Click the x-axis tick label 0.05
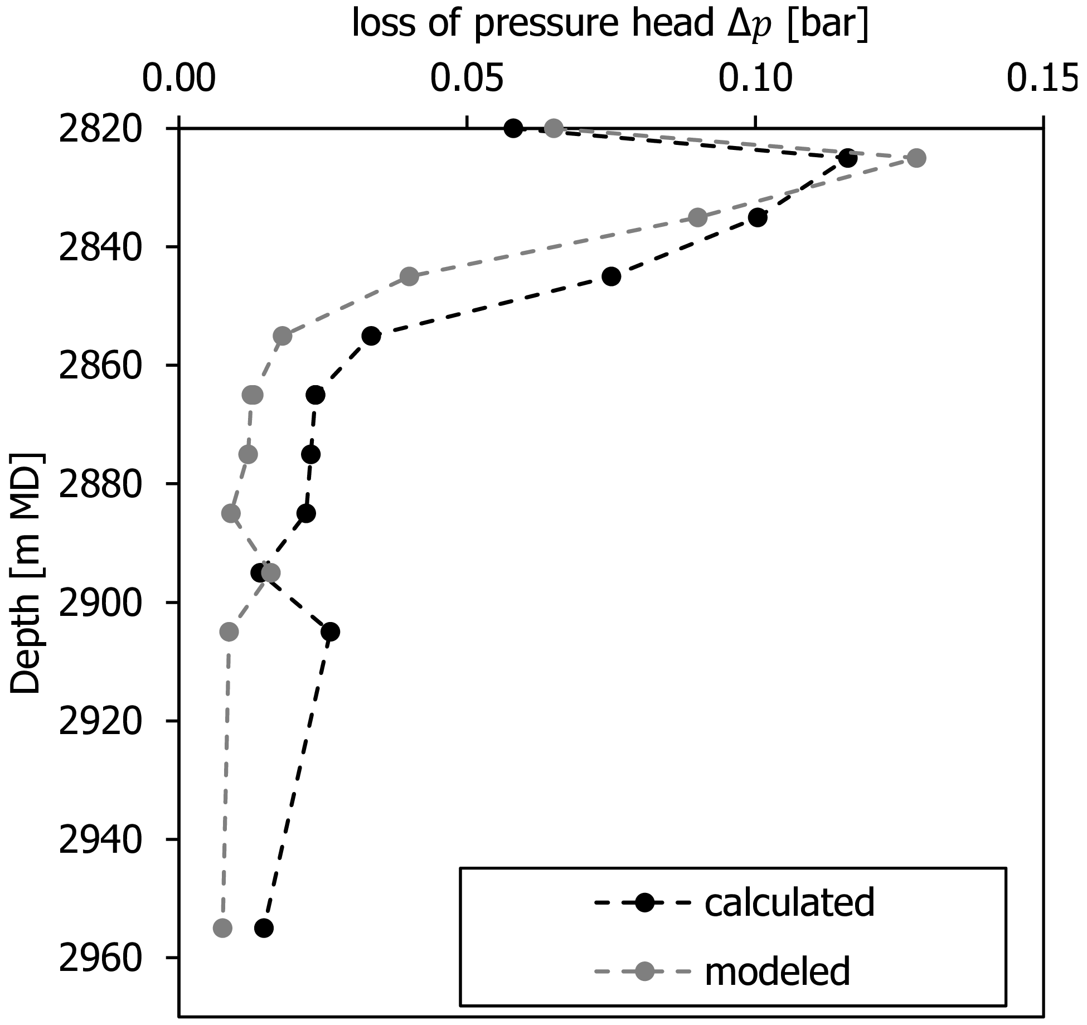(x=467, y=79)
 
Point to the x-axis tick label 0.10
(x=755, y=79)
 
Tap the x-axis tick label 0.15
(x=1042, y=79)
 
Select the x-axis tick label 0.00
(x=178, y=79)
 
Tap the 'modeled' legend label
(x=778, y=971)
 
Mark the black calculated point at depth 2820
(x=513, y=128)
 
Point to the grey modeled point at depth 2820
(x=554, y=128)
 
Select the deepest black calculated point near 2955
(x=264, y=928)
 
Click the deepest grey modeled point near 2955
(x=222, y=928)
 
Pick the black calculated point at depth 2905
(x=331, y=631)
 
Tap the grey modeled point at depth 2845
(x=409, y=276)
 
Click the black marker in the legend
(x=645, y=902)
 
